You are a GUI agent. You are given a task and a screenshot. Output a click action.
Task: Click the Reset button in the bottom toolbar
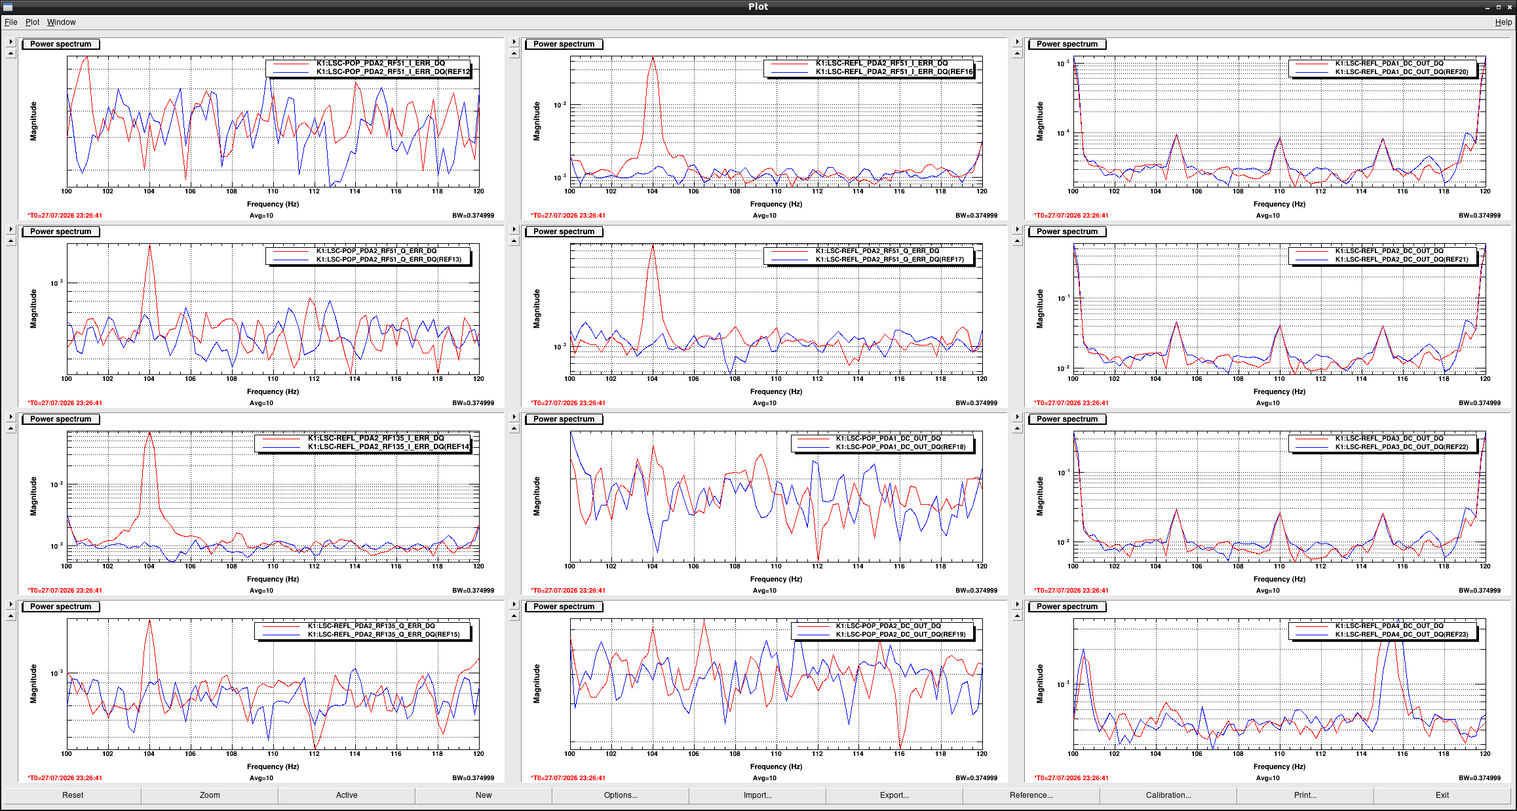coord(73,795)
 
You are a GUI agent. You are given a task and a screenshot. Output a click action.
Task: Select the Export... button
coord(894,795)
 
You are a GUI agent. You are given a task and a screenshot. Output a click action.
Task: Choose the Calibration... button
coord(1168,795)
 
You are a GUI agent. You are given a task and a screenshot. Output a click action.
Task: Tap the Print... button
coord(1305,795)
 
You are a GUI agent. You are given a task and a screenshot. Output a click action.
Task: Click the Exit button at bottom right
coord(1442,795)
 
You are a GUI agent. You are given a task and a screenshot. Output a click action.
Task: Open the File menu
coord(11,22)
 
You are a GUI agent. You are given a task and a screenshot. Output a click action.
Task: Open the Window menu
coord(61,22)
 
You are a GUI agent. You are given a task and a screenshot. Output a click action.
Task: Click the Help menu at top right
coord(1503,22)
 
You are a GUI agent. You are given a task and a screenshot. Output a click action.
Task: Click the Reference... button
coord(1031,795)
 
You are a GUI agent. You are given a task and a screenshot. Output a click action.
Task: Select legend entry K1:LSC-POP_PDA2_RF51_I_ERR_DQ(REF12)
coord(393,72)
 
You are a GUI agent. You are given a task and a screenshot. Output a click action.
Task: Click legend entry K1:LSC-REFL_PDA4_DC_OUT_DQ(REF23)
coord(1402,635)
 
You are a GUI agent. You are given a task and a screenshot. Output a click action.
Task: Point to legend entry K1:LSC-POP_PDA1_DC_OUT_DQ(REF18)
coord(900,447)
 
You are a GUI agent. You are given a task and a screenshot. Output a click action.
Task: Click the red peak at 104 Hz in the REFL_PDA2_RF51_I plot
coord(653,58)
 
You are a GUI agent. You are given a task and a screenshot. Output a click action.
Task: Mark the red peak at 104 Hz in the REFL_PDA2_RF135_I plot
coord(149,433)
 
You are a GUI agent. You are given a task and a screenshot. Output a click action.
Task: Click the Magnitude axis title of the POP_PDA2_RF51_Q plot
coord(33,309)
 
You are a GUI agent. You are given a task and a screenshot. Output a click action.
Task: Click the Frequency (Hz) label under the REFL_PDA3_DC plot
coord(1279,579)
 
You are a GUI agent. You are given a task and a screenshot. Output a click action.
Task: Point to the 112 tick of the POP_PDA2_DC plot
coord(817,754)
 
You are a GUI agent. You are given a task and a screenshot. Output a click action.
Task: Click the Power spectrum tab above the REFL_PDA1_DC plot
coord(1067,44)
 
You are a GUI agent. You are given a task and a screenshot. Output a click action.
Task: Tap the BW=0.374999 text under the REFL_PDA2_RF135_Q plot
coord(473,778)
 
